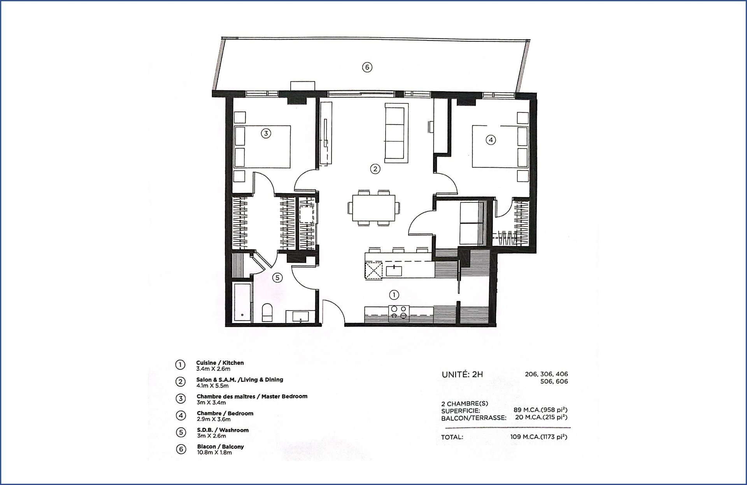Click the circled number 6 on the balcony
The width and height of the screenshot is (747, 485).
[367, 67]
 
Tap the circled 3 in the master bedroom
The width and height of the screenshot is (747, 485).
[266, 134]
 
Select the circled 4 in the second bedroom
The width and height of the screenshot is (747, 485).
[491, 140]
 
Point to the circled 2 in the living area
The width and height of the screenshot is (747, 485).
[375, 169]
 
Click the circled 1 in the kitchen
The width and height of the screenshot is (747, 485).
[394, 295]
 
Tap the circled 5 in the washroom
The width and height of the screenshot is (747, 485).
[277, 278]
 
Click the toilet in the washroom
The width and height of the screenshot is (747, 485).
[267, 313]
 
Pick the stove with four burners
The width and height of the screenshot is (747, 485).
[399, 313]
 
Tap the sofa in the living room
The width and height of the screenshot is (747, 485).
[396, 133]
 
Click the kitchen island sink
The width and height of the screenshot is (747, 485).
[394, 270]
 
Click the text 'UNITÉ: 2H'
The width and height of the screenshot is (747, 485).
[462, 374]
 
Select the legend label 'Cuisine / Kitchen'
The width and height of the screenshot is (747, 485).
[220, 363]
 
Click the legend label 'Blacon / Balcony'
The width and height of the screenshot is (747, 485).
[221, 446]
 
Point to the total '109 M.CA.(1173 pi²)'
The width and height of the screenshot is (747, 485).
[539, 437]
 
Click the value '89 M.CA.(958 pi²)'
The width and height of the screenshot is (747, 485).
[540, 410]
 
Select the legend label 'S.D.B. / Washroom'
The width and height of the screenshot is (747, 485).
[223, 430]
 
